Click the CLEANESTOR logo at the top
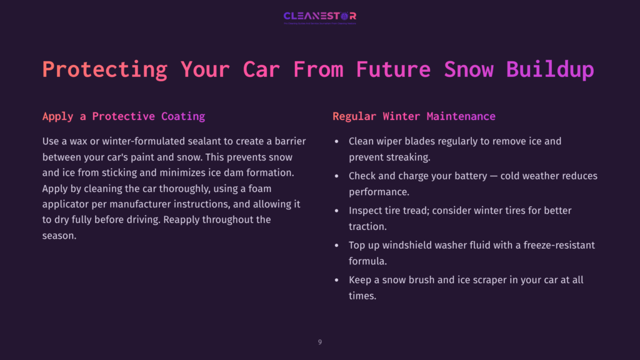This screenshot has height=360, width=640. tap(319, 16)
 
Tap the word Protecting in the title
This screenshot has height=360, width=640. tap(104, 69)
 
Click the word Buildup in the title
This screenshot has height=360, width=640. tap(550, 69)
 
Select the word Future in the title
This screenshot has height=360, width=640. tap(393, 69)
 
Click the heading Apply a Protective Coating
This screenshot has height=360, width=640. tap(124, 116)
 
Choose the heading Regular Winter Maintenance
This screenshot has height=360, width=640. tap(414, 116)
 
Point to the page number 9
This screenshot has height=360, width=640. tap(320, 342)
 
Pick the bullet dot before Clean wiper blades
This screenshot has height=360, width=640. tap(337, 142)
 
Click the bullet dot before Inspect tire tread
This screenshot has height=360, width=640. tap(337, 211)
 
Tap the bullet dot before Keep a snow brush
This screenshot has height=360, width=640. tap(337, 281)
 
